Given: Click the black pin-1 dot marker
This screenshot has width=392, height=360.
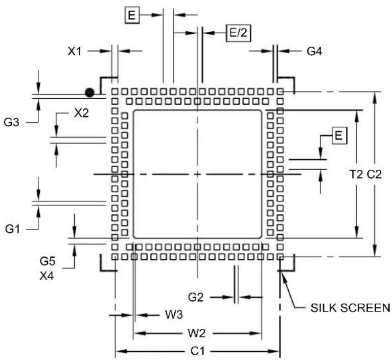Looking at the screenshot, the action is click(x=89, y=93).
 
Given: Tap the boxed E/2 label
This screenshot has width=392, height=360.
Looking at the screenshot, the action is click(x=238, y=33).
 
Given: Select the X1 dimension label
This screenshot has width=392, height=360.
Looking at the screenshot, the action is click(x=75, y=51).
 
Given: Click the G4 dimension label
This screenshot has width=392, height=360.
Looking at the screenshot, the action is click(x=314, y=51).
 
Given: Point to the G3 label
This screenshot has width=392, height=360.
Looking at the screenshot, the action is click(x=12, y=123).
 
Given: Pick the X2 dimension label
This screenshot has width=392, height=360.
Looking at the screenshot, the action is click(x=81, y=114).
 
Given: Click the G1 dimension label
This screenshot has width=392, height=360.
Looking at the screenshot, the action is click(x=12, y=229).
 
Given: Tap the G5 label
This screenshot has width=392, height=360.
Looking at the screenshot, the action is click(x=47, y=261).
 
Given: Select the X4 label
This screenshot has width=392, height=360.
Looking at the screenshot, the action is click(x=47, y=276).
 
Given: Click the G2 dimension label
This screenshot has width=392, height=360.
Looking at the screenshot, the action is click(x=196, y=297).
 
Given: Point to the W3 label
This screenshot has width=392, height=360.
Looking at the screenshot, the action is click(x=174, y=314).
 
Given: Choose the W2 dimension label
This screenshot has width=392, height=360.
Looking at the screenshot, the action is click(x=196, y=333).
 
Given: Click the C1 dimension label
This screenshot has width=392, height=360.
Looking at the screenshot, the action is click(x=197, y=351).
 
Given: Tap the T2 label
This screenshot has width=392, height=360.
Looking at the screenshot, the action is click(x=356, y=174).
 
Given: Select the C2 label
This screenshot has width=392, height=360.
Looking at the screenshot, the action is click(x=374, y=174).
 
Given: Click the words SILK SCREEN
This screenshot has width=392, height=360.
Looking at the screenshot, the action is click(x=350, y=307).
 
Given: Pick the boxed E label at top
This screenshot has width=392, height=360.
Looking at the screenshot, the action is click(x=132, y=15).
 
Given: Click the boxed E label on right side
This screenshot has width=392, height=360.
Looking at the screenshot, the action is click(x=339, y=136).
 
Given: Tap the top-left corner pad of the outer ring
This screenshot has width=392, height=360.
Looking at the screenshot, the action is click(x=115, y=92).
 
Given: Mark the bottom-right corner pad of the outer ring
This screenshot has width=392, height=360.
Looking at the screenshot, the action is click(x=280, y=257).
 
